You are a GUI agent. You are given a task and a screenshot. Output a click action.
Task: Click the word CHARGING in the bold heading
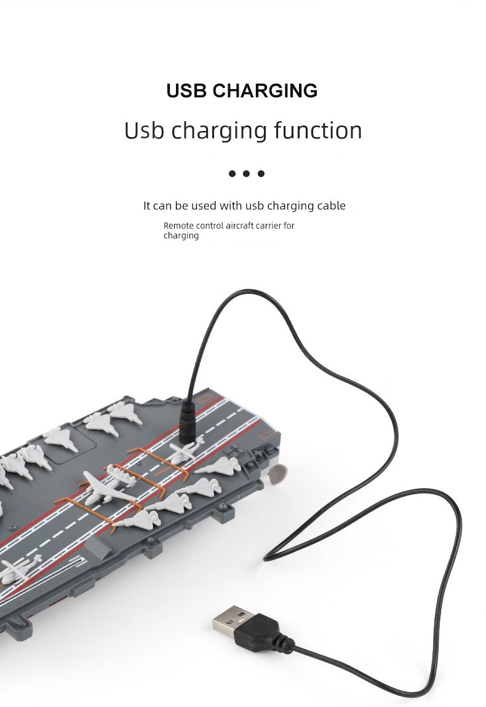pos(265,91)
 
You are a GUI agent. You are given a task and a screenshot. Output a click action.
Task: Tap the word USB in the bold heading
pos(187,91)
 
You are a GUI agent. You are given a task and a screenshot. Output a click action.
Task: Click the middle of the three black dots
pos(246,174)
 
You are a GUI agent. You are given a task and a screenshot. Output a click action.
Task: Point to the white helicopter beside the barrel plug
pos(183,452)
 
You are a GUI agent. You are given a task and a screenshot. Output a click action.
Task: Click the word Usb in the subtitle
pos(145,130)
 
